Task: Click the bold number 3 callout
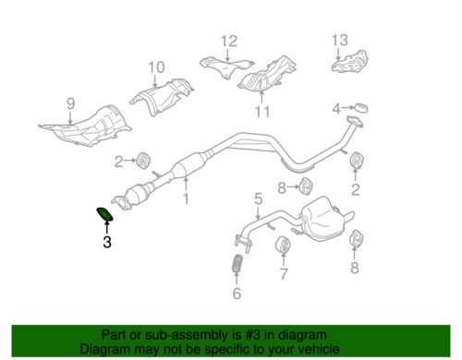tap(106, 243)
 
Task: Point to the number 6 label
tap(236, 294)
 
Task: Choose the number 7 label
tap(284, 274)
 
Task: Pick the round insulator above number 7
tap(284, 247)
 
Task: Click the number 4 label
tap(338, 106)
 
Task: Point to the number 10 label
tap(155, 66)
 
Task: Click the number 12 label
tap(228, 40)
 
